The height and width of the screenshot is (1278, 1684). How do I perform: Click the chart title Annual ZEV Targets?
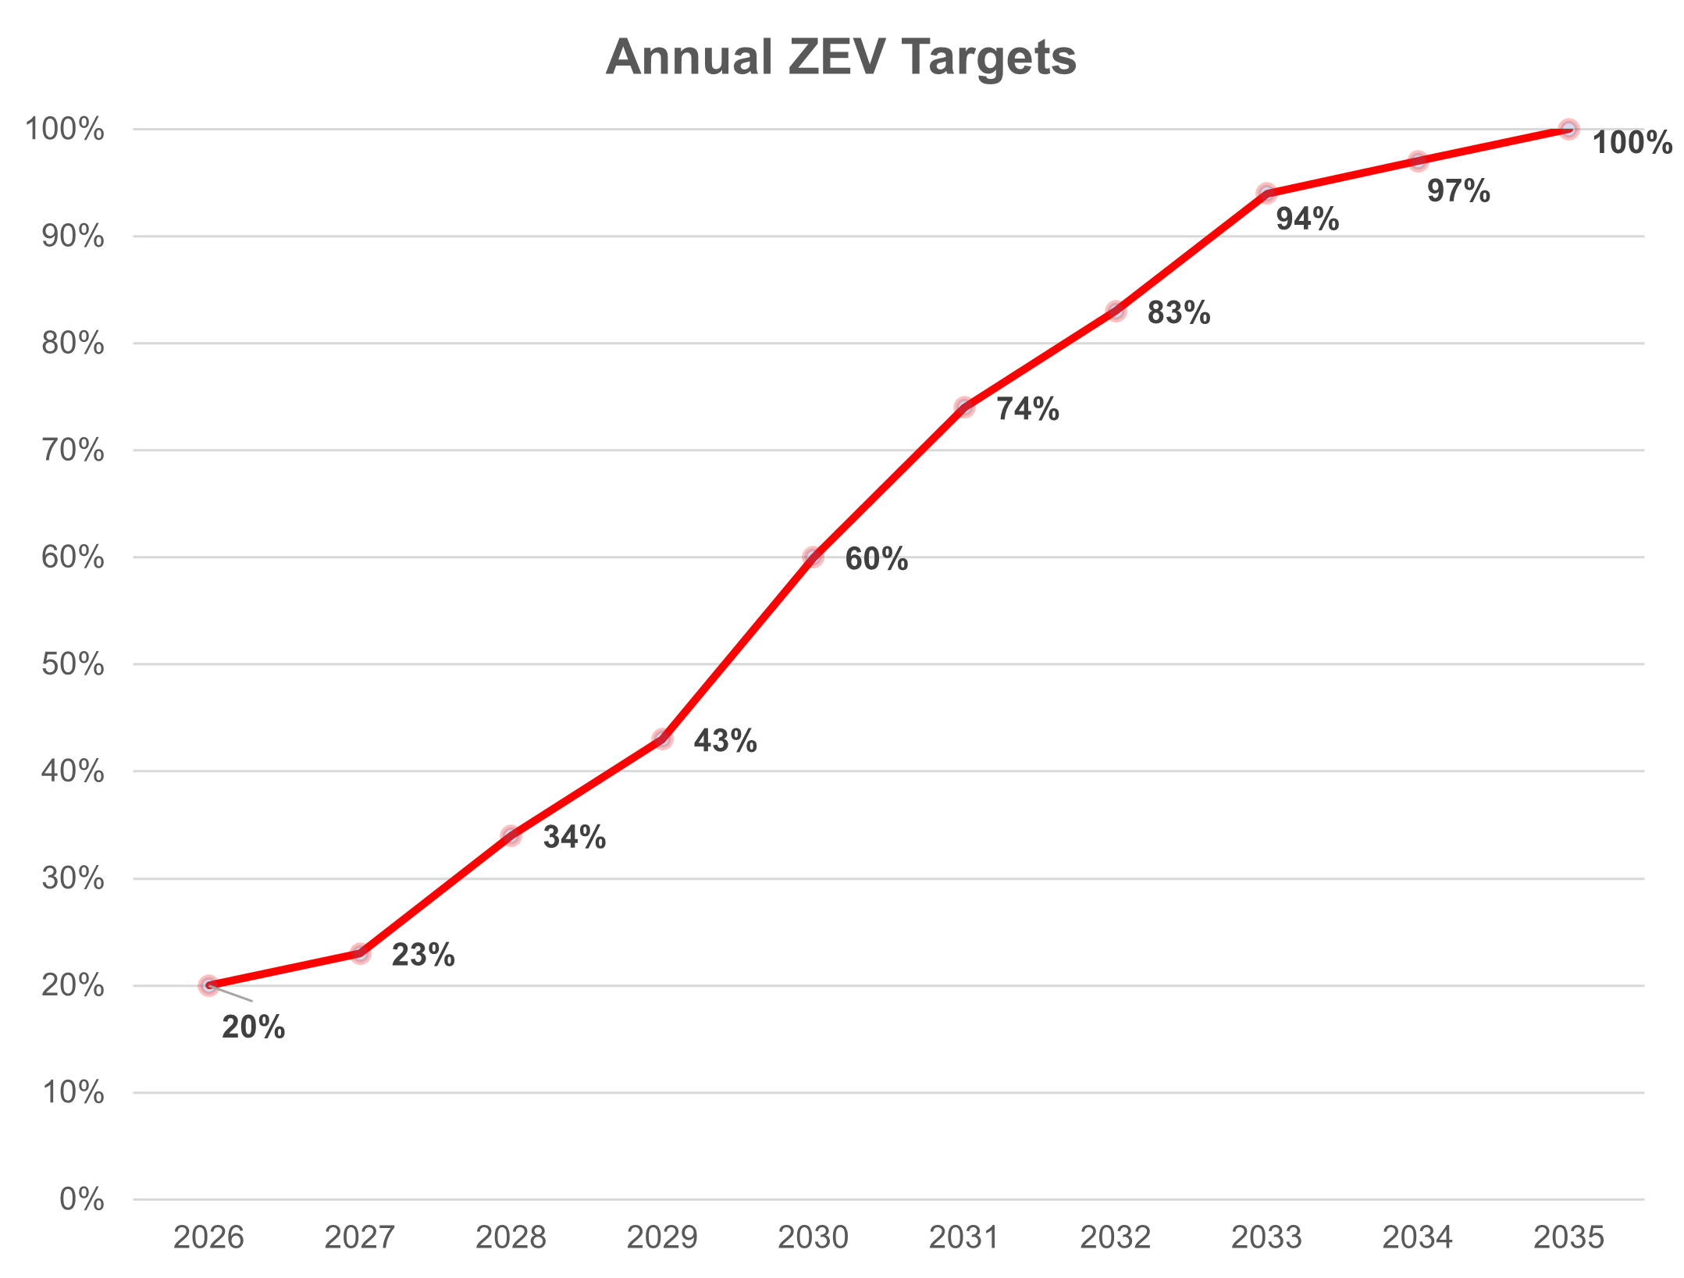pyautogui.click(x=841, y=58)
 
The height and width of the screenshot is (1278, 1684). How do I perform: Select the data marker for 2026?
pyautogui.click(x=208, y=985)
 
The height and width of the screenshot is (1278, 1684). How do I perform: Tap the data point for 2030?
pyautogui.click(x=814, y=557)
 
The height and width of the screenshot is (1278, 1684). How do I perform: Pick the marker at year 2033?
pyautogui.click(x=1267, y=193)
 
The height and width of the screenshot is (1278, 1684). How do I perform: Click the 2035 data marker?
pyautogui.click(x=1569, y=129)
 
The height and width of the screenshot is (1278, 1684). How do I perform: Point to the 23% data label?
pyautogui.click(x=423, y=955)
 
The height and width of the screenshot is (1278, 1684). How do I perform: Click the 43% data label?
pyautogui.click(x=725, y=741)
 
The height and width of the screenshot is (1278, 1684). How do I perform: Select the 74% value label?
pyautogui.click(x=1027, y=409)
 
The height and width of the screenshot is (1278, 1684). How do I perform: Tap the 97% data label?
pyautogui.click(x=1458, y=191)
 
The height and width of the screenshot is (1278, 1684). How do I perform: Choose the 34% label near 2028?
pyautogui.click(x=575, y=838)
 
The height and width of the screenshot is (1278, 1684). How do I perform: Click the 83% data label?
pyautogui.click(x=1179, y=313)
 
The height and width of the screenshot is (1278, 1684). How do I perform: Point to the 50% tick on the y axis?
pyautogui.click(x=73, y=664)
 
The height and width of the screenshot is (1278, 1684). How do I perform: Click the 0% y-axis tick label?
pyautogui.click(x=81, y=1199)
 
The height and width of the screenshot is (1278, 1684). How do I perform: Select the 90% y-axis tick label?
pyautogui.click(x=73, y=237)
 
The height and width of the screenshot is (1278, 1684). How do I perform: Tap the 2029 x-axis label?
pyautogui.click(x=662, y=1237)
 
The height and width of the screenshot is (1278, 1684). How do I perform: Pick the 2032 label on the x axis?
pyautogui.click(x=1116, y=1237)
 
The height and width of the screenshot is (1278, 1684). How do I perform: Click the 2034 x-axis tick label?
pyautogui.click(x=1418, y=1237)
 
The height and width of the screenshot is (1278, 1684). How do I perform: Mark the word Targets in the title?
pyautogui.click(x=988, y=58)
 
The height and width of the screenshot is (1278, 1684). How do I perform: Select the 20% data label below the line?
pyautogui.click(x=254, y=1027)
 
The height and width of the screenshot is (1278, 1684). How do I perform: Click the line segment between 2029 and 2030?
pyautogui.click(x=738, y=648)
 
